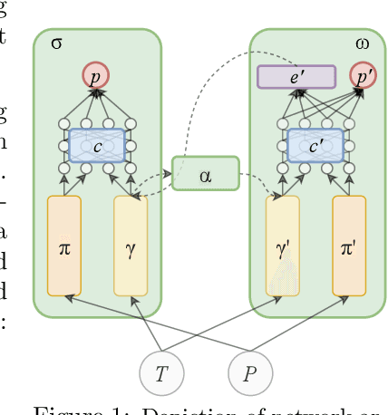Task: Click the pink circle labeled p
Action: click(x=95, y=76)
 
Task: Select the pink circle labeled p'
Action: click(x=364, y=76)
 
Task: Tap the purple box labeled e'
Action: click(x=296, y=77)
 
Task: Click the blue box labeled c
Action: click(x=96, y=145)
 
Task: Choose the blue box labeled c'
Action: click(x=315, y=145)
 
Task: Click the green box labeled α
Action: click(x=205, y=173)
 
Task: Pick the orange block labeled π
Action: click(x=64, y=246)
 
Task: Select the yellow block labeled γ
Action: click(x=131, y=246)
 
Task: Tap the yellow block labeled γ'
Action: click(x=282, y=246)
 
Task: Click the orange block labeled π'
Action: click(x=349, y=246)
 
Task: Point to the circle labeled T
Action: click(x=161, y=373)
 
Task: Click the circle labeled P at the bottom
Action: click(x=249, y=373)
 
